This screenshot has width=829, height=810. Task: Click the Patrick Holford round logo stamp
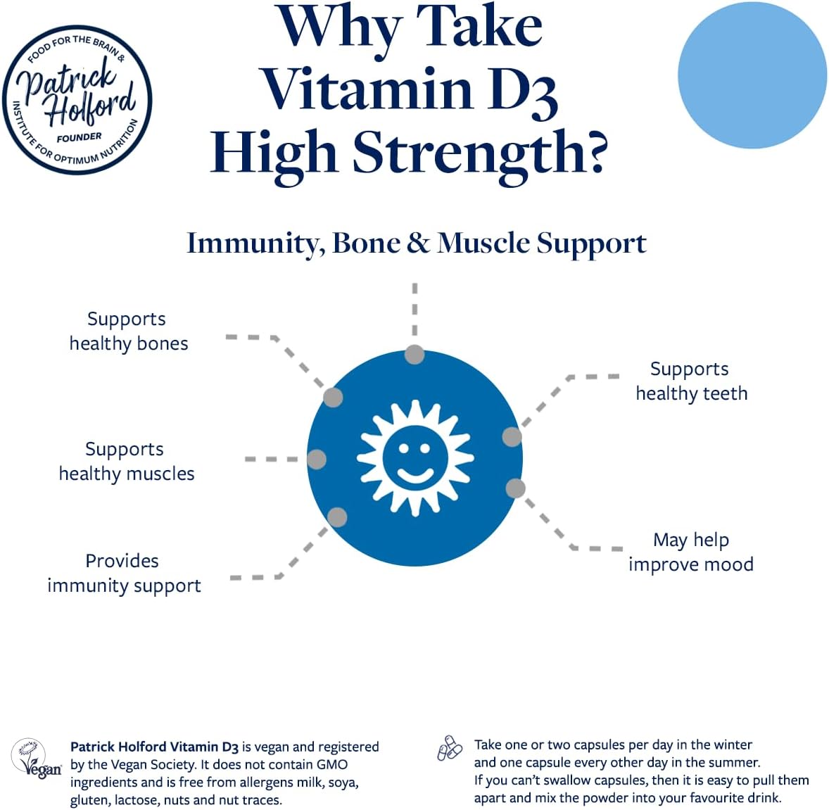(x=77, y=99)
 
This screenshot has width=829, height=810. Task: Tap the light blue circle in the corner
(x=752, y=75)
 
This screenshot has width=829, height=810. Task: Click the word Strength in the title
(x=480, y=153)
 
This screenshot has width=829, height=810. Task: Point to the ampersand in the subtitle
(x=419, y=243)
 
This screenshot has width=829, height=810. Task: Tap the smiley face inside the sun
(x=415, y=458)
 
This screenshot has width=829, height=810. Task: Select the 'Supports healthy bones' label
(x=129, y=331)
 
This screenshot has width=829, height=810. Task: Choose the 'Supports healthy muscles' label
(x=127, y=461)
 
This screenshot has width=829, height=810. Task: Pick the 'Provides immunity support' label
(x=124, y=574)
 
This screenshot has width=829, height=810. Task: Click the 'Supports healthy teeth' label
(x=691, y=381)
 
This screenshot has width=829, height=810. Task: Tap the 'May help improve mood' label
(x=691, y=552)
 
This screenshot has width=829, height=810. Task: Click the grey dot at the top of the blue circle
(x=414, y=354)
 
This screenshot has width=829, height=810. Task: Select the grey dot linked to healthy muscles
(x=317, y=460)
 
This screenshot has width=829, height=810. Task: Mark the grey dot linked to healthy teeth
(x=512, y=437)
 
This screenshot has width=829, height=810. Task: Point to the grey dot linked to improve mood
(x=515, y=488)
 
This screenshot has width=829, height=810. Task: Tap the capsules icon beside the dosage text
(x=450, y=748)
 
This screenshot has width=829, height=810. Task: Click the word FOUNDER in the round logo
(x=80, y=137)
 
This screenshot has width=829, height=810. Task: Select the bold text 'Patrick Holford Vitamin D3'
(x=154, y=747)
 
